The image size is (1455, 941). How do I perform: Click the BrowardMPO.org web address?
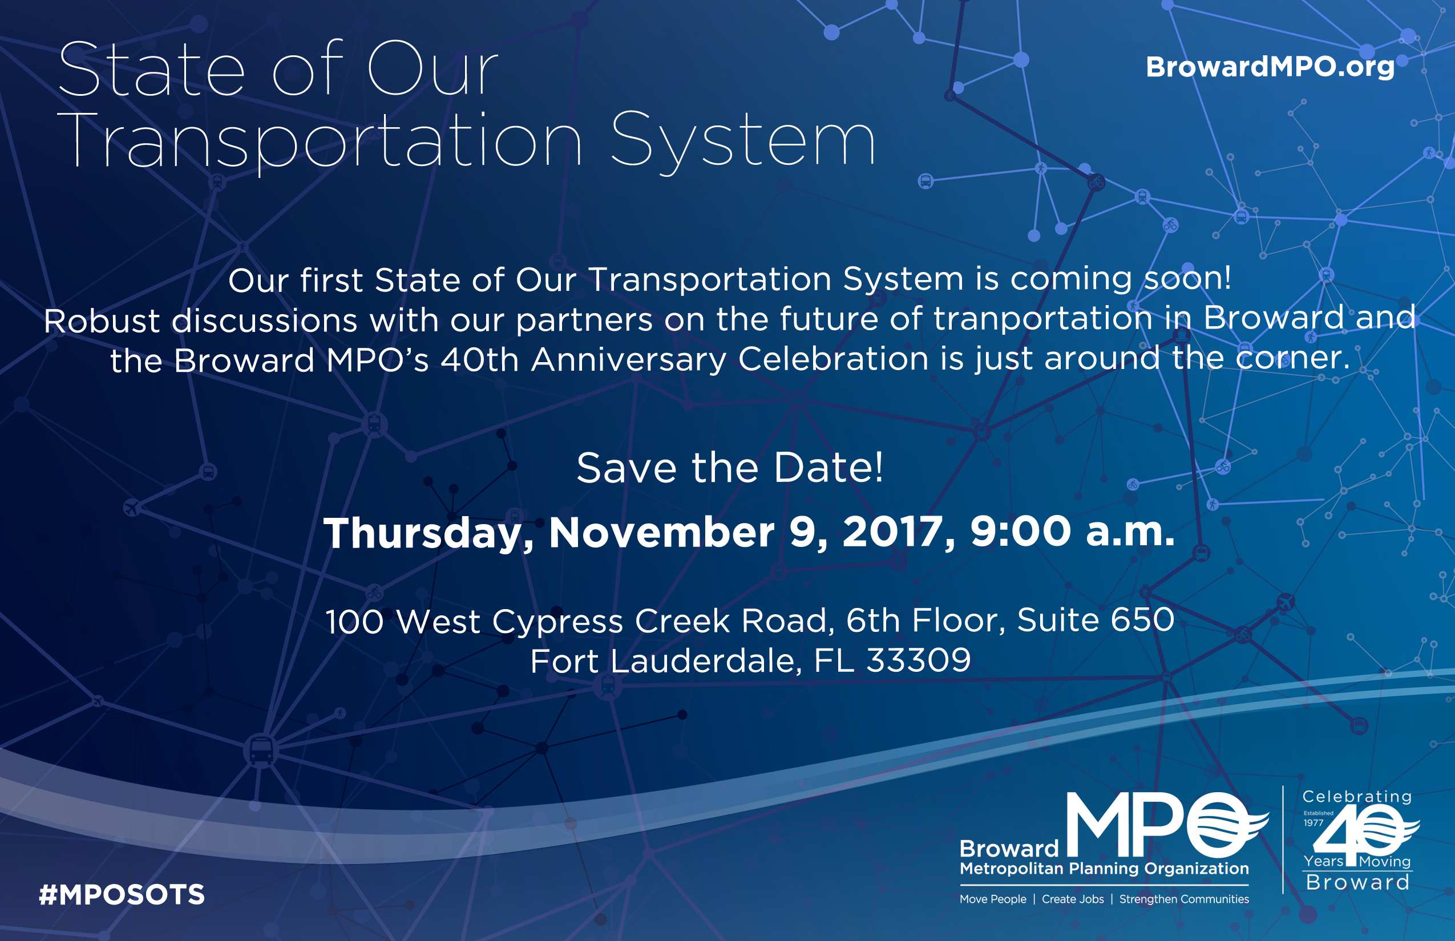[x=1270, y=67]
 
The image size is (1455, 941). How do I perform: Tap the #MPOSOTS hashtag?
[x=122, y=895]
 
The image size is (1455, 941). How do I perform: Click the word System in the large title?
[x=743, y=142]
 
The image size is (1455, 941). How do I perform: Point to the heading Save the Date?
[x=729, y=468]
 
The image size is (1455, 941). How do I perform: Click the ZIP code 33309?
[x=918, y=660]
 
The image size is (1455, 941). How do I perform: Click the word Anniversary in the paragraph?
[x=628, y=359]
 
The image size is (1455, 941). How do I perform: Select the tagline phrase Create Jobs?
[x=1073, y=899]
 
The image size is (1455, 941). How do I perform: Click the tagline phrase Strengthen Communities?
[x=1184, y=899]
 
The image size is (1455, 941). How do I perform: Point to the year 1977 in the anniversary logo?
[x=1313, y=822]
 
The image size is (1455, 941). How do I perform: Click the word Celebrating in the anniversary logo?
[x=1357, y=797]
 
